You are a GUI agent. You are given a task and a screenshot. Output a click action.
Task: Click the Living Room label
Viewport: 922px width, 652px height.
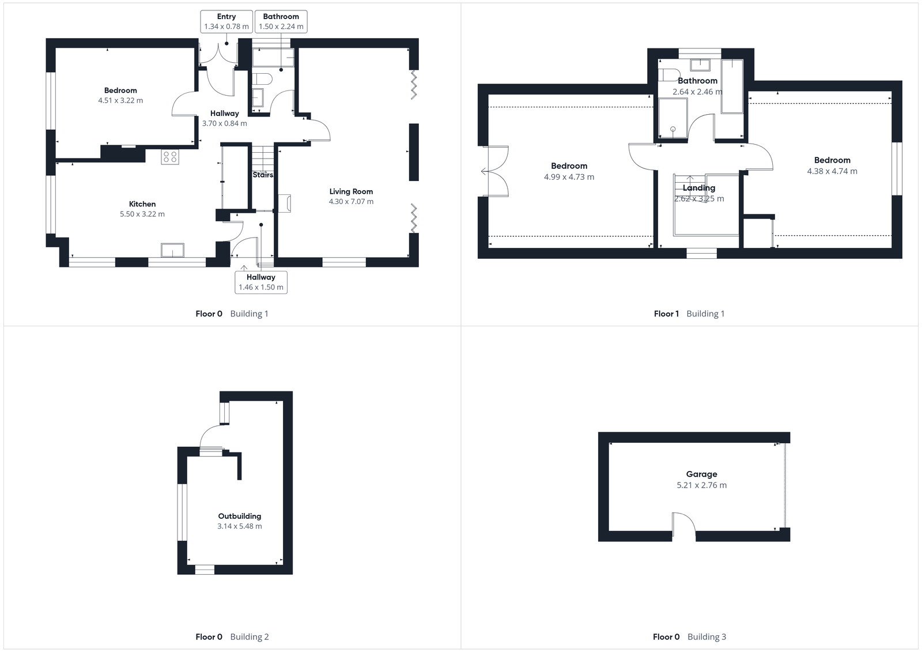(x=351, y=191)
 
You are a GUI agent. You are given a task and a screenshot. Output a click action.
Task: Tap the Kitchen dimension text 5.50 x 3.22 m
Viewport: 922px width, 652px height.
(x=142, y=214)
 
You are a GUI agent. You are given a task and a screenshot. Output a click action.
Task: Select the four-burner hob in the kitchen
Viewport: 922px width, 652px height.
(x=170, y=156)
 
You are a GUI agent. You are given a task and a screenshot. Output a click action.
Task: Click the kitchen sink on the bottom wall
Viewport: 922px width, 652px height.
(x=173, y=250)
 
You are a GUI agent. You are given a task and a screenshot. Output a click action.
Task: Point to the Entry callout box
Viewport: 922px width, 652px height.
(x=226, y=22)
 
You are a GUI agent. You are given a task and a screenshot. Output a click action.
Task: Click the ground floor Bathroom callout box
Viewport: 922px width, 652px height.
(x=281, y=22)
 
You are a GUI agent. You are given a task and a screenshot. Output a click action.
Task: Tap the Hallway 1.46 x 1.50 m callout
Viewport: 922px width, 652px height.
(x=261, y=282)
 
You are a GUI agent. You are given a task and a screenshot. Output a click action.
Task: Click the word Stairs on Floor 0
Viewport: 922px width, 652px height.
(x=263, y=175)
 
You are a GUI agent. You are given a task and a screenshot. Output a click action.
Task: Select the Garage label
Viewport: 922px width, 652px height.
(x=701, y=474)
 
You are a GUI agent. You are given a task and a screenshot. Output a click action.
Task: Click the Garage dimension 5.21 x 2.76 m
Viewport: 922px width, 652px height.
(x=701, y=485)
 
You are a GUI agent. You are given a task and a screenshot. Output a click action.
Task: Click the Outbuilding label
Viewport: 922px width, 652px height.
(x=239, y=516)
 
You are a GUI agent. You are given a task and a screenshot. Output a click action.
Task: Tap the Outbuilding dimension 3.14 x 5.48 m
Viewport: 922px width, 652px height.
(x=239, y=526)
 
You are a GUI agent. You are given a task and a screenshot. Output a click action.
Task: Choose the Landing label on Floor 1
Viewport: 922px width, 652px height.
(x=699, y=188)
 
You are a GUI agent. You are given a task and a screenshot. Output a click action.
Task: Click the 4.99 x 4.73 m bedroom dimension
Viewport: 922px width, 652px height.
(x=569, y=177)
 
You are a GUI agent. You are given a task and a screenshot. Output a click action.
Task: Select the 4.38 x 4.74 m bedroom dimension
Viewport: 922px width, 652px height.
(x=832, y=171)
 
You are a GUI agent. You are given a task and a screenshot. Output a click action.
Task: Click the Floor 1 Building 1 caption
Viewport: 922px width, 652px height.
(x=689, y=314)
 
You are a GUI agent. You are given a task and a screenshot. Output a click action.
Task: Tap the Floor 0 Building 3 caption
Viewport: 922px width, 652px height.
(x=689, y=637)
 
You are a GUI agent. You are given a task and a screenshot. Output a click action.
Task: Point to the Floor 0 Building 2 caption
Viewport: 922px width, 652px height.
(x=232, y=637)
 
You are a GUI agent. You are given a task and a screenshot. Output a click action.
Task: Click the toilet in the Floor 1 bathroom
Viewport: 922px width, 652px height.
(x=668, y=75)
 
